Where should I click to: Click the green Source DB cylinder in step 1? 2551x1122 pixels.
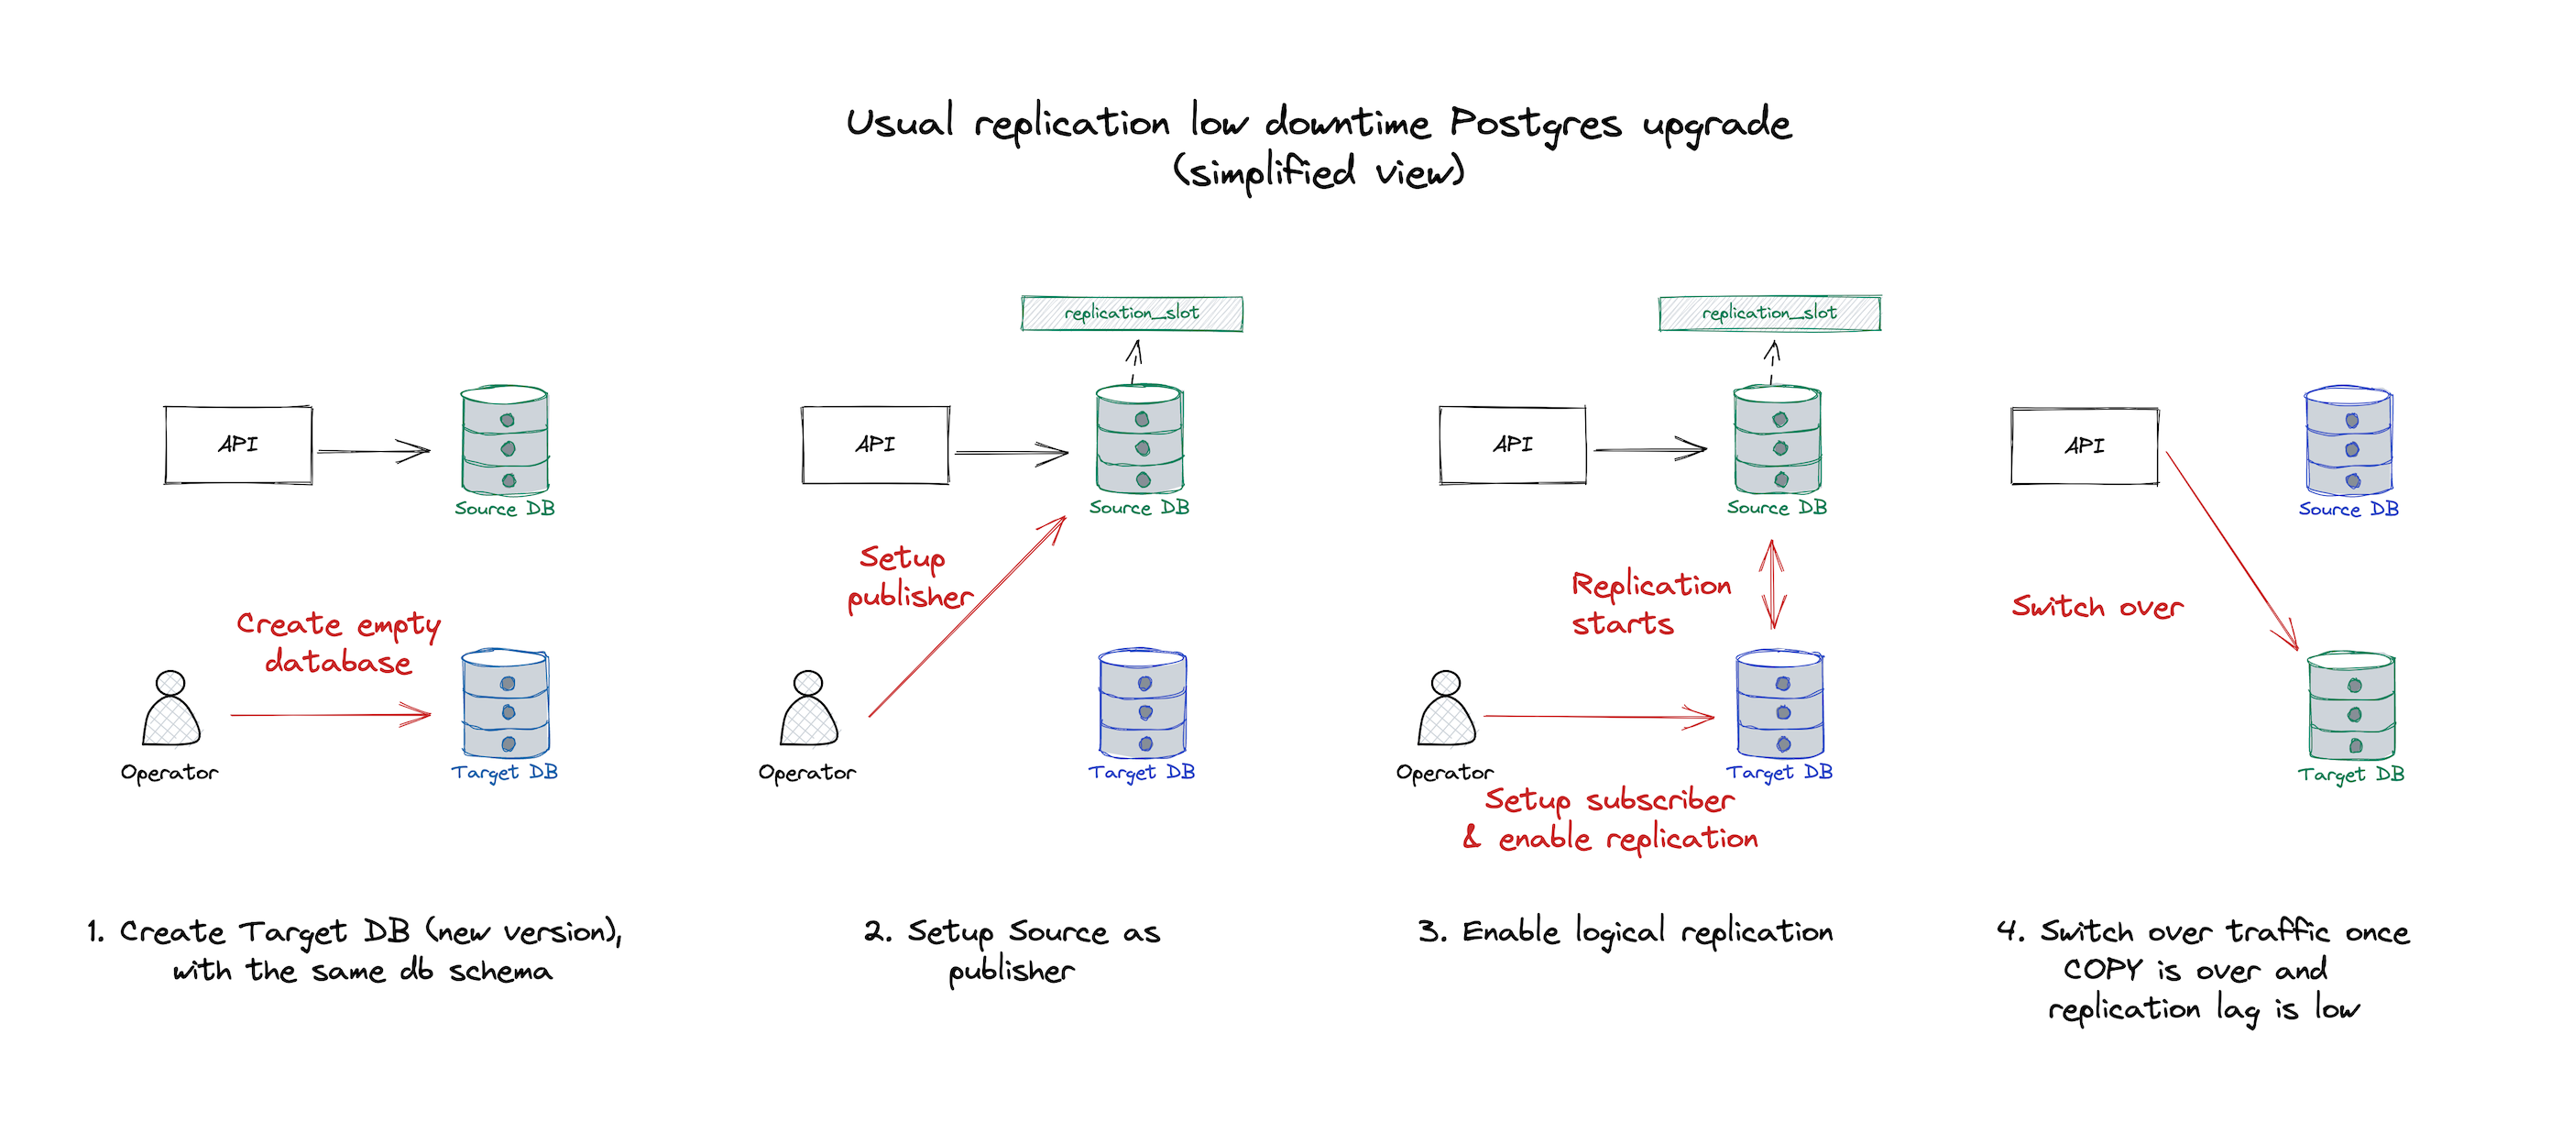505,440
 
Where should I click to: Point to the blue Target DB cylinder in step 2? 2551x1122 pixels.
1143,704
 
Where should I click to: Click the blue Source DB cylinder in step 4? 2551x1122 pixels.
2349,441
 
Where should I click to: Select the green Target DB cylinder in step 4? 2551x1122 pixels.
2352,706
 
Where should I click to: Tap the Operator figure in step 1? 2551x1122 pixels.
171,708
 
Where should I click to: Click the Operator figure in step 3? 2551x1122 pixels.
1447,708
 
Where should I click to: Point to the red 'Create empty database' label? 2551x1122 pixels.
339,643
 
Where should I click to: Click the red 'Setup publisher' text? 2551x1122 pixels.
910,577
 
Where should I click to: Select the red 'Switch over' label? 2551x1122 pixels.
2097,606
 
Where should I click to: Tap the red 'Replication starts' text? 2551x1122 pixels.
1652,603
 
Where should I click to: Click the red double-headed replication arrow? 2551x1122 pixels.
1771,584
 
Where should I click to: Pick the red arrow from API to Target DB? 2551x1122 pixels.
2232,551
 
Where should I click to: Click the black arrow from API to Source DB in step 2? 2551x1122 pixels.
1011,454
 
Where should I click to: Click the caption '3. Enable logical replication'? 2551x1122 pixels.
1626,933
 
